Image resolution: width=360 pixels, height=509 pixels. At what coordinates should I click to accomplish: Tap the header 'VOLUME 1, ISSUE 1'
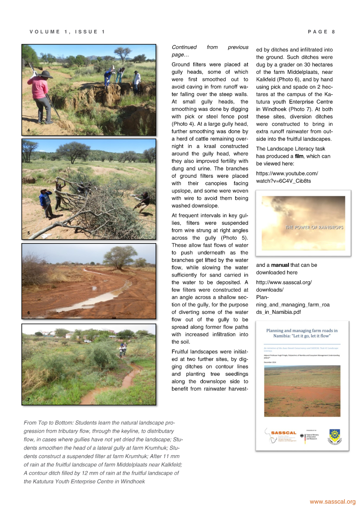67,32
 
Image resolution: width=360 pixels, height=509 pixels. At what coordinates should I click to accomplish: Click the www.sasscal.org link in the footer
332,502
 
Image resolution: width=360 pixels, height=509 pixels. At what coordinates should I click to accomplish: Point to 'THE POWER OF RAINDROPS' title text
314,227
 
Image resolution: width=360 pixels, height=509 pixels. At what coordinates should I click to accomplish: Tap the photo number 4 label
28,130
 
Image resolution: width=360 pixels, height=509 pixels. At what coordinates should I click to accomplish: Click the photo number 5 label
28,233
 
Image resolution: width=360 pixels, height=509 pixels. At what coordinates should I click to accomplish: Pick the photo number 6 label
28,313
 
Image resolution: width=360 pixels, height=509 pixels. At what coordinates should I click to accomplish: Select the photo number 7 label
28,400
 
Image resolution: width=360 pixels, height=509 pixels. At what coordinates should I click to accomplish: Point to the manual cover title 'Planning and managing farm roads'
302,333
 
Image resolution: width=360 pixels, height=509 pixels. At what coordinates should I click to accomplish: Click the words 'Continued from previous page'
210,51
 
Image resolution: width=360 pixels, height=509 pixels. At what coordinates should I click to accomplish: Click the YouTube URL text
287,177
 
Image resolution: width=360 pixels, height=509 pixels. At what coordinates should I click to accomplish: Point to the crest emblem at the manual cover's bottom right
335,436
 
